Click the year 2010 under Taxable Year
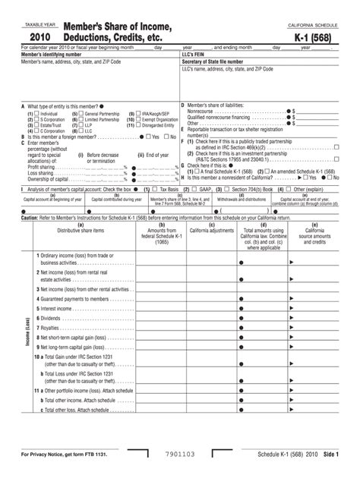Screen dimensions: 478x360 (39, 37)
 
